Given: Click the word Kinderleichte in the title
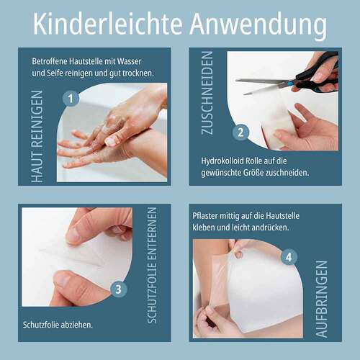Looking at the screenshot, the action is coord(108,24).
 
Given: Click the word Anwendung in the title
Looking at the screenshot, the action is coord(258,26).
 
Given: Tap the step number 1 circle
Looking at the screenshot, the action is coord(71,99).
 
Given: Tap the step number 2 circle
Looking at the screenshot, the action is coord(240,132).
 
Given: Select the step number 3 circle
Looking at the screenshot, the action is coord(119,289).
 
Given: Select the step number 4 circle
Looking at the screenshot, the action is coord(289,257).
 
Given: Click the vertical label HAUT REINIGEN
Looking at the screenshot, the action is coord(37,136).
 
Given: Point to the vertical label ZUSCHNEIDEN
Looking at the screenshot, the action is coord(207,93).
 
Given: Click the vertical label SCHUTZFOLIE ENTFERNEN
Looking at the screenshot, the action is coord(152,265).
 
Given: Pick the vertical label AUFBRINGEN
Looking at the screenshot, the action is coord(321,299).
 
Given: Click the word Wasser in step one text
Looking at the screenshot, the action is coord(129,61).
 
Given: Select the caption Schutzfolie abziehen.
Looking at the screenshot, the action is coord(58,325).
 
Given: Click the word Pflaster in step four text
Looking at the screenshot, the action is coord(205,216).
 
